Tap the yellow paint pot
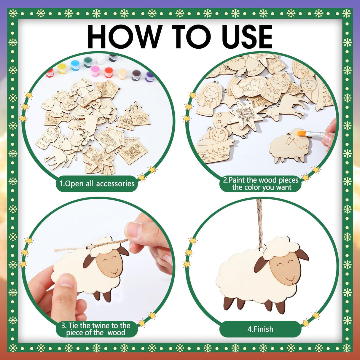click(x=62, y=69)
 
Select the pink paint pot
click(x=95, y=71)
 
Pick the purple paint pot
click(x=150, y=77)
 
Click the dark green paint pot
click(x=88, y=62)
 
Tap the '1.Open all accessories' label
click(x=97, y=184)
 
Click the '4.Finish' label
click(x=260, y=329)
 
